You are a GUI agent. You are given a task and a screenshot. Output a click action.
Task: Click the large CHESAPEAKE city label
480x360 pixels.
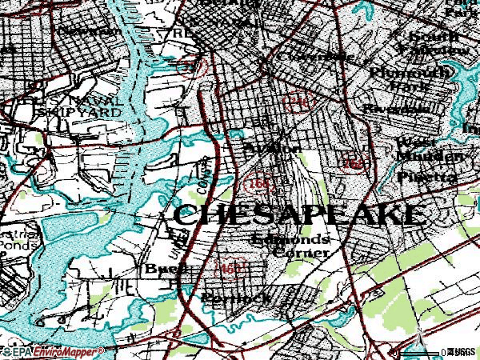tap(296, 214)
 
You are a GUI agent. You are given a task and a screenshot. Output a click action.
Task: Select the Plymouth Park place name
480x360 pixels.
tap(400, 78)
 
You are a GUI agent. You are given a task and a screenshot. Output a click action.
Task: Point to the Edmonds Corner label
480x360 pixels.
tap(289, 246)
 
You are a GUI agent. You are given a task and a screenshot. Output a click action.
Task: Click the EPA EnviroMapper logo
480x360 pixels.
tap(52, 351)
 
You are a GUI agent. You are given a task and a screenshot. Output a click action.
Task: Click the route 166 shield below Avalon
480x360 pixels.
tap(259, 183)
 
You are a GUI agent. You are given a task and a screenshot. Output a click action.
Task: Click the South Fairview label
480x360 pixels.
tap(436, 44)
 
